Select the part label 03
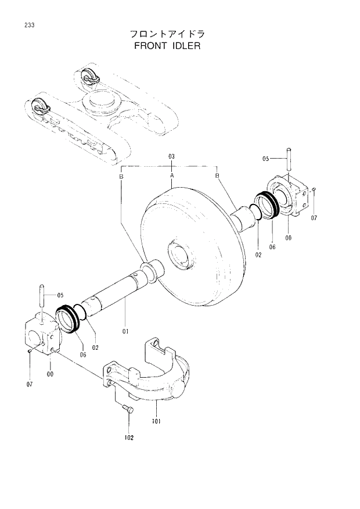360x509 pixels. [x=172, y=157]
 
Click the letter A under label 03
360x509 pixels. [x=172, y=175]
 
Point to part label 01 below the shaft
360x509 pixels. [x=125, y=332]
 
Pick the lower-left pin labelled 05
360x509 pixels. [x=41, y=295]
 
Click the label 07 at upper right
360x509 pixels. [x=314, y=218]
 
